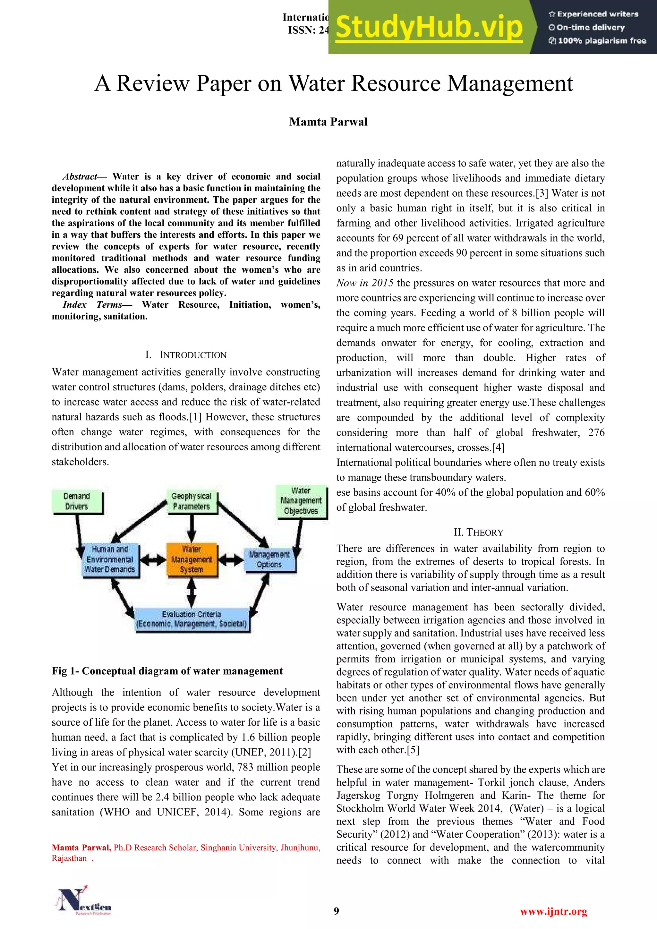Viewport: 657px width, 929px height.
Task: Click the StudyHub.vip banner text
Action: (429, 28)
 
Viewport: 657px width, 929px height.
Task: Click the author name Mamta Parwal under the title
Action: (328, 122)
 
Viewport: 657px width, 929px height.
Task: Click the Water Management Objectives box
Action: (301, 501)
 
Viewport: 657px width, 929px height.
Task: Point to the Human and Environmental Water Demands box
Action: (110, 559)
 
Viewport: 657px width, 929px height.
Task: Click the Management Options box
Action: (269, 559)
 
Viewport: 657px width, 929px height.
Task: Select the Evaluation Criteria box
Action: (191, 619)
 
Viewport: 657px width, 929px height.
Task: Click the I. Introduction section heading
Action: (186, 355)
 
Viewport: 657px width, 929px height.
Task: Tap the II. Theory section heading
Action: (478, 532)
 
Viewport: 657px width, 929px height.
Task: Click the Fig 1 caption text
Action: (167, 671)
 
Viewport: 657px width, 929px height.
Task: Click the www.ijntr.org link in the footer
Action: (553, 911)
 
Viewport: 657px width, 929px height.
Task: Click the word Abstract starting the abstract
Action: (80, 176)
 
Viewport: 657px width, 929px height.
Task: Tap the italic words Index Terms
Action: (92, 305)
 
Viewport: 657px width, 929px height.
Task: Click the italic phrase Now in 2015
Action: (364, 283)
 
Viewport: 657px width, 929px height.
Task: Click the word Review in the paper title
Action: (153, 83)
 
